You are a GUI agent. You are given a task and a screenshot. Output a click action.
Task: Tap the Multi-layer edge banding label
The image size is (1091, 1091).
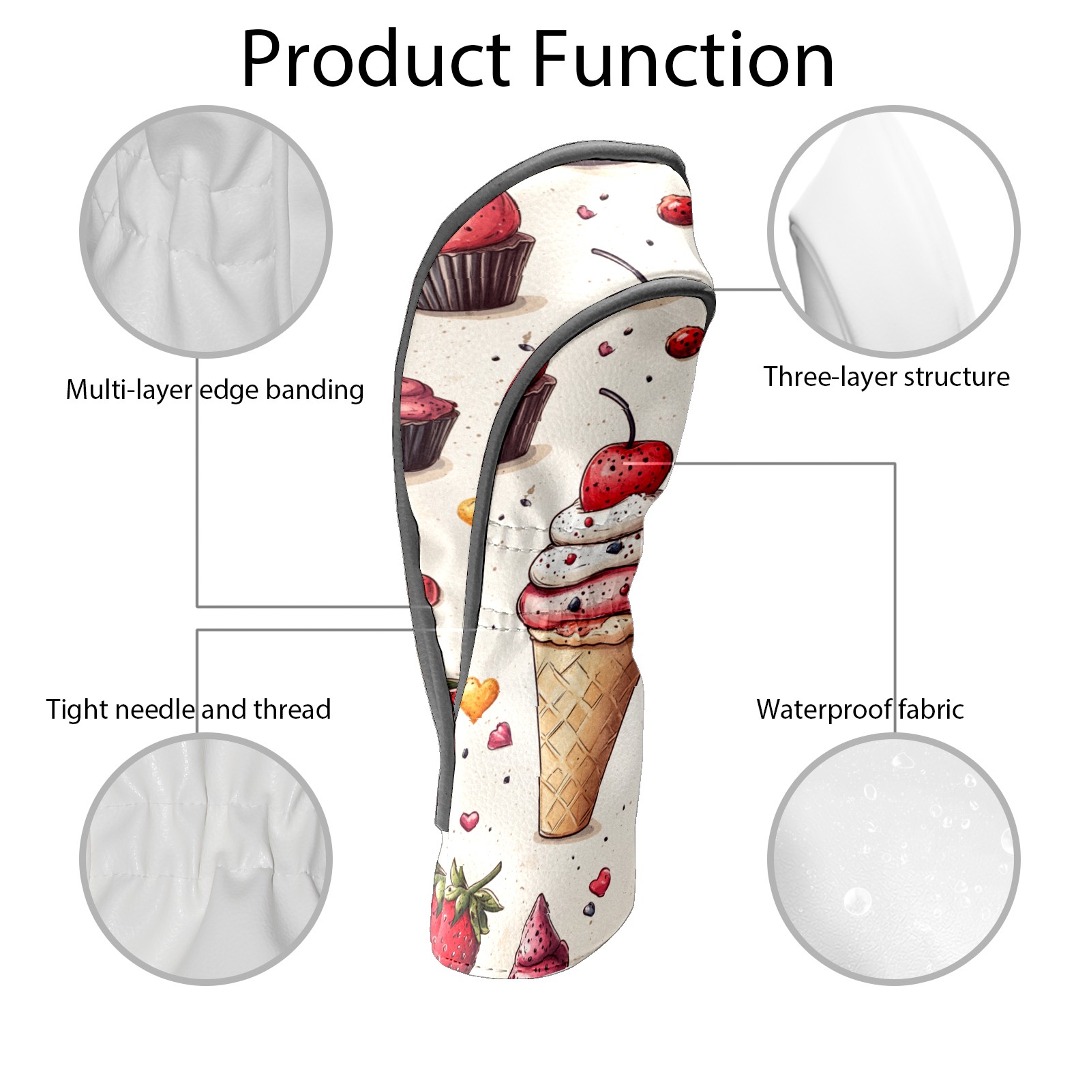pyautogui.click(x=215, y=390)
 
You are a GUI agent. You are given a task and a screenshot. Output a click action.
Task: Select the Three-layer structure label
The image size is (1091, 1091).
pyautogui.click(x=886, y=376)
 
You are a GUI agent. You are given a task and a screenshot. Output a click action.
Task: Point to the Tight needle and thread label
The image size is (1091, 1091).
pyautogui.click(x=188, y=709)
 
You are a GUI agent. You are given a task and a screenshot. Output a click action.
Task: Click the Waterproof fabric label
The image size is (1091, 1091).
pyautogui.click(x=860, y=709)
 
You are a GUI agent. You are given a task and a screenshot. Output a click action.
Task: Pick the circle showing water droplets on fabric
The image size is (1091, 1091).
pyautogui.click(x=893, y=858)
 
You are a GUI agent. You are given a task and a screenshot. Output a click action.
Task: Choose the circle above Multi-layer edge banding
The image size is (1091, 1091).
pyautogui.click(x=206, y=231)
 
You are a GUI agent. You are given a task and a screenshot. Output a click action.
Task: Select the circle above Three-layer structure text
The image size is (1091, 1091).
pyautogui.click(x=893, y=231)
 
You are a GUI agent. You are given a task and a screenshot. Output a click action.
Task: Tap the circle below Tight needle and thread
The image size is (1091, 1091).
pyautogui.click(x=206, y=858)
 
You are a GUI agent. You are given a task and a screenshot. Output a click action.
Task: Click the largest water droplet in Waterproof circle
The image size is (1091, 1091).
pyautogui.click(x=857, y=901)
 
